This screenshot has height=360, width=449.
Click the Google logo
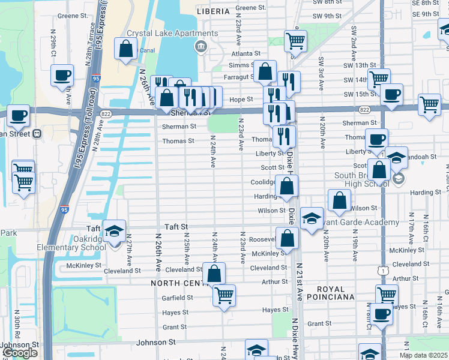coord(20,353)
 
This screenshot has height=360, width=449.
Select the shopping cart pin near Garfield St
coord(224,295)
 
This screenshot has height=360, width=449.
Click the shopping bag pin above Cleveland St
coord(214,274)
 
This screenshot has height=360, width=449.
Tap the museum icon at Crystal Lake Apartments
coord(200,46)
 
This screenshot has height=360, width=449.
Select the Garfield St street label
coord(177,297)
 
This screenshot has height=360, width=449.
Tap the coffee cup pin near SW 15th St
coord(391,94)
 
